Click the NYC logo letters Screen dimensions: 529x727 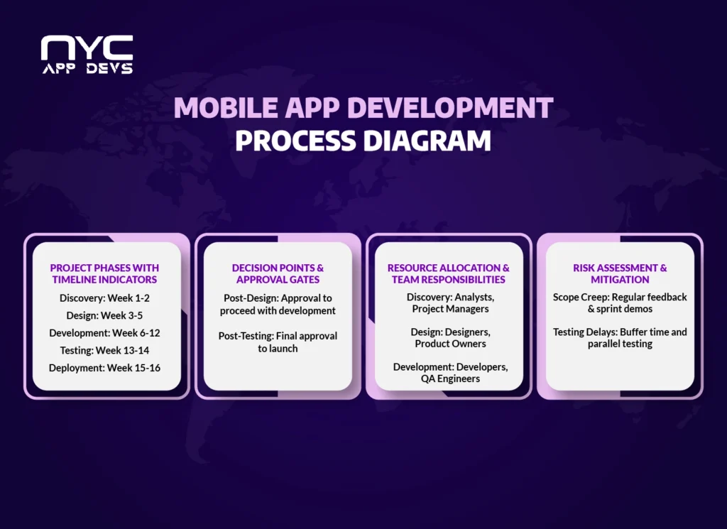click(86, 48)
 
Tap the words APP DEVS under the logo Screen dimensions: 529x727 click(87, 69)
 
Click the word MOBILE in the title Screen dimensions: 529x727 click(217, 108)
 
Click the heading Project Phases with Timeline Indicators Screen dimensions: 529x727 click(104, 273)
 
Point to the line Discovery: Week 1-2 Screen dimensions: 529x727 click(104, 298)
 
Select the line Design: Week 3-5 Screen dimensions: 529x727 click(104, 315)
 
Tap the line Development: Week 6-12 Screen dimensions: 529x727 click(104, 332)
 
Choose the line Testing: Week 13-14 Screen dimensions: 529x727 click(104, 350)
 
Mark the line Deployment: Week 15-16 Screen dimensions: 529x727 click(104, 367)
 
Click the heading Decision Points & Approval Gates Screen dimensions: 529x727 click(278, 273)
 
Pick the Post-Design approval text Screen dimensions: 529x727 click(278, 304)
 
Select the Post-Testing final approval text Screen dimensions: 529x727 click(278, 342)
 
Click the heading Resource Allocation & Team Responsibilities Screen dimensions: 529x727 click(449, 273)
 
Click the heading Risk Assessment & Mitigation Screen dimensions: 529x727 click(620, 273)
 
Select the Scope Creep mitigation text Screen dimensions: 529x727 click(620, 302)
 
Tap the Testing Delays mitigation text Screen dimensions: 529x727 click(620, 337)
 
